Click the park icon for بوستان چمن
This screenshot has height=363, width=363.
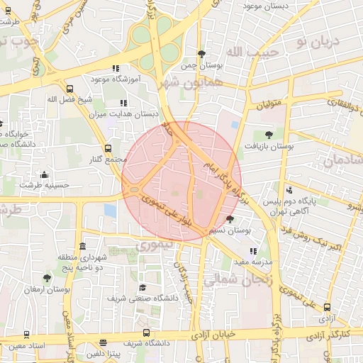pyautogui.click(x=202, y=54)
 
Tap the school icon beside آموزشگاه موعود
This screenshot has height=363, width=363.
pyautogui.click(x=116, y=69)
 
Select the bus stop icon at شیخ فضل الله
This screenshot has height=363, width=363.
pyautogui.click(x=69, y=89)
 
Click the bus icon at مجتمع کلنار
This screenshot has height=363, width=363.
pyautogui.click(x=108, y=148)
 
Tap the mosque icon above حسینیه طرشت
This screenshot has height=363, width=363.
pyautogui.click(x=45, y=174)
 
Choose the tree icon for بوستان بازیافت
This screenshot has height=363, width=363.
pyautogui.click(x=268, y=134)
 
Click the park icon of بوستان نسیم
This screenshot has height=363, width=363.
pyautogui.click(x=229, y=219)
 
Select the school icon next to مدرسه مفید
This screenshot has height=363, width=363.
pyautogui.click(x=252, y=251)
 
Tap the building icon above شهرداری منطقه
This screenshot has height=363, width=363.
pyautogui.click(x=84, y=246)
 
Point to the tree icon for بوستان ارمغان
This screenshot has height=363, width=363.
pyautogui.click(x=47, y=278)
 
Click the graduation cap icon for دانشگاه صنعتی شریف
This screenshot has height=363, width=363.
pyautogui.click(x=143, y=287)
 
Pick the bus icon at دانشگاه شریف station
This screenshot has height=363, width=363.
pyautogui.click(x=146, y=332)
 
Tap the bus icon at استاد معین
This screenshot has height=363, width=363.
pyautogui.click(x=27, y=334)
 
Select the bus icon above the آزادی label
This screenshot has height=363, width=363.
pyautogui.click(x=327, y=307)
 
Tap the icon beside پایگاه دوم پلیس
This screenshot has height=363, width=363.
pyautogui.click(x=289, y=190)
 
